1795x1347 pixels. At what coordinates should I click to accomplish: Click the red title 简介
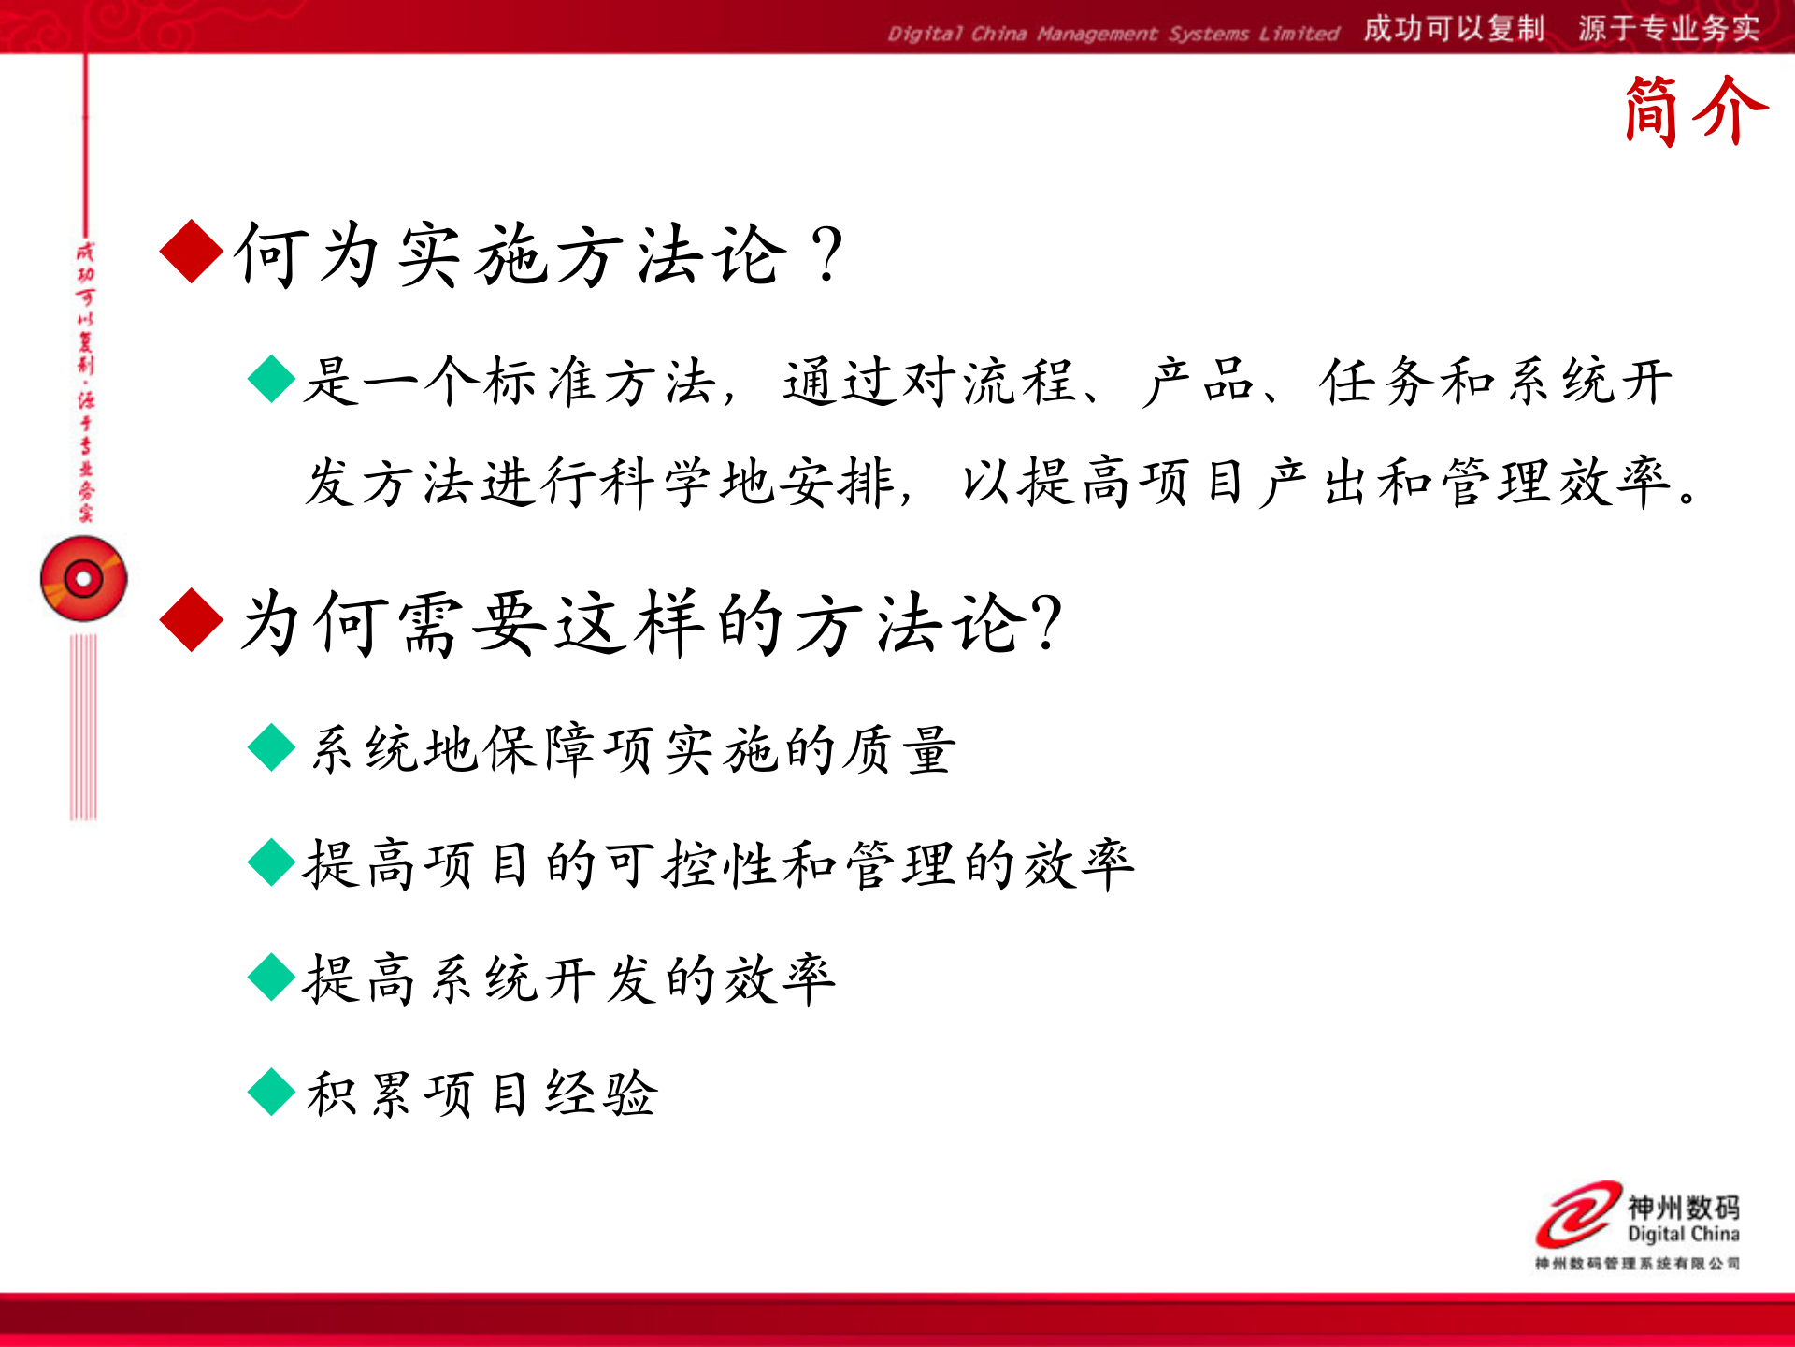tap(1695, 110)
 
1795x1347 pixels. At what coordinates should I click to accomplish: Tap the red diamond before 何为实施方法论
tap(192, 252)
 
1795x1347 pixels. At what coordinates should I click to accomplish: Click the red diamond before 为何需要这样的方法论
tap(192, 619)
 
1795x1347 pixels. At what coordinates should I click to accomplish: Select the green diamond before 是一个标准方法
tap(272, 379)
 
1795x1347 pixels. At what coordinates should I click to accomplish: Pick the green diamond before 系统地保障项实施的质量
tap(272, 746)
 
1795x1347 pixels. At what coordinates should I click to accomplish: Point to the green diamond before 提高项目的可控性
tap(272, 862)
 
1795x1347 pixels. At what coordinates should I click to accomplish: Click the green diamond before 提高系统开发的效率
tap(272, 977)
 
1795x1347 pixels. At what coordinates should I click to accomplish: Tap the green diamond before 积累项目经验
tap(272, 1092)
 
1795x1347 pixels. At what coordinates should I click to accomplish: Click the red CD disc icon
tap(83, 579)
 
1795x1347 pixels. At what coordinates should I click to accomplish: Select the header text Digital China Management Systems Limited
tap(1113, 34)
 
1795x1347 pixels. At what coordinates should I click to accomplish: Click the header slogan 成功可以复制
tap(1453, 29)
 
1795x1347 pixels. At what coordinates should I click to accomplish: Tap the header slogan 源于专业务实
tap(1669, 29)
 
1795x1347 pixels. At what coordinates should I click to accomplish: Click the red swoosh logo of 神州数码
tap(1578, 1213)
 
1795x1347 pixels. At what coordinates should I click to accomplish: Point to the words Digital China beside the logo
tap(1683, 1234)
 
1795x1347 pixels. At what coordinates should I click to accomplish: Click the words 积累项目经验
tap(482, 1093)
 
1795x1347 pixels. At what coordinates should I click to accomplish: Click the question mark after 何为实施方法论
tap(827, 254)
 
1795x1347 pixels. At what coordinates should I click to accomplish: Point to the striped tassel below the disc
tap(83, 727)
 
